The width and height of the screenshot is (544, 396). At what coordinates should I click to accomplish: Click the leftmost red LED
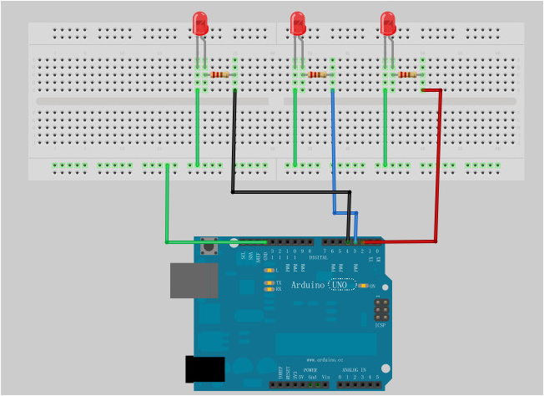click(200, 23)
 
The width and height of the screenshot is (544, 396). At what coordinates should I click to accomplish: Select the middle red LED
click(297, 23)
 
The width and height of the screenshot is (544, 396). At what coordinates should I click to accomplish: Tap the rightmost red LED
click(387, 23)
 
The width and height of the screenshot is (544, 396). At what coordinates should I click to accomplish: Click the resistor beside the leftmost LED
click(219, 75)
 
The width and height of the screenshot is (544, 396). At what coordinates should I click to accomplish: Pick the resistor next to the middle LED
click(317, 75)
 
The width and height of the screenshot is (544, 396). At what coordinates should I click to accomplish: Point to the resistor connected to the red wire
click(407, 75)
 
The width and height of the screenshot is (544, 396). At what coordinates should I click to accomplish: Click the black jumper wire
click(234, 142)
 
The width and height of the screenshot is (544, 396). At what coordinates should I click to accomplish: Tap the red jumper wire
click(438, 167)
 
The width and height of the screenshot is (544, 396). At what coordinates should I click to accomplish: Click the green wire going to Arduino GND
click(168, 209)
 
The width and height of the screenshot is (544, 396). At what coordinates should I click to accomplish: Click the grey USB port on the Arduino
click(194, 281)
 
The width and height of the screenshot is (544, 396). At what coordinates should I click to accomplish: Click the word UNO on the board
click(340, 286)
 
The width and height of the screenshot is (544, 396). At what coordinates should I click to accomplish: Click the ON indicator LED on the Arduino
click(363, 286)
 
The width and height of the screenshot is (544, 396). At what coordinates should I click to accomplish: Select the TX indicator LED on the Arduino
click(269, 283)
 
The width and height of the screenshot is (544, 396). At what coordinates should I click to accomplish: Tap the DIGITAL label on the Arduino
click(318, 257)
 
